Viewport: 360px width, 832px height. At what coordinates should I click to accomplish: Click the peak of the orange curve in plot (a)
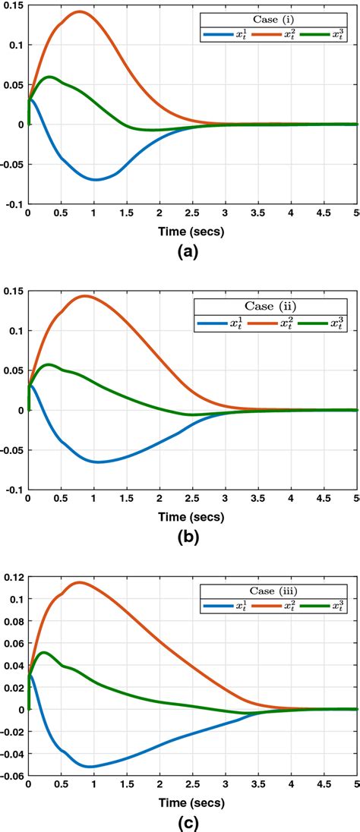[79, 11]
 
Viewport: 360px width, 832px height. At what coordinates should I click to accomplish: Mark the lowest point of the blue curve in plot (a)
[95, 180]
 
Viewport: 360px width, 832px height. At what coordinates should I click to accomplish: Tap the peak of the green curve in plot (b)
[50, 364]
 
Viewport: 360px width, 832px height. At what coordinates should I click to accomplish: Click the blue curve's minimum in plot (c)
[90, 767]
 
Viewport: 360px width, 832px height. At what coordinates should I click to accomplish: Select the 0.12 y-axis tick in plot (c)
[14, 577]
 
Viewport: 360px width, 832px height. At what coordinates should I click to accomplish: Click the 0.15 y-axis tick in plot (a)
[14, 5]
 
